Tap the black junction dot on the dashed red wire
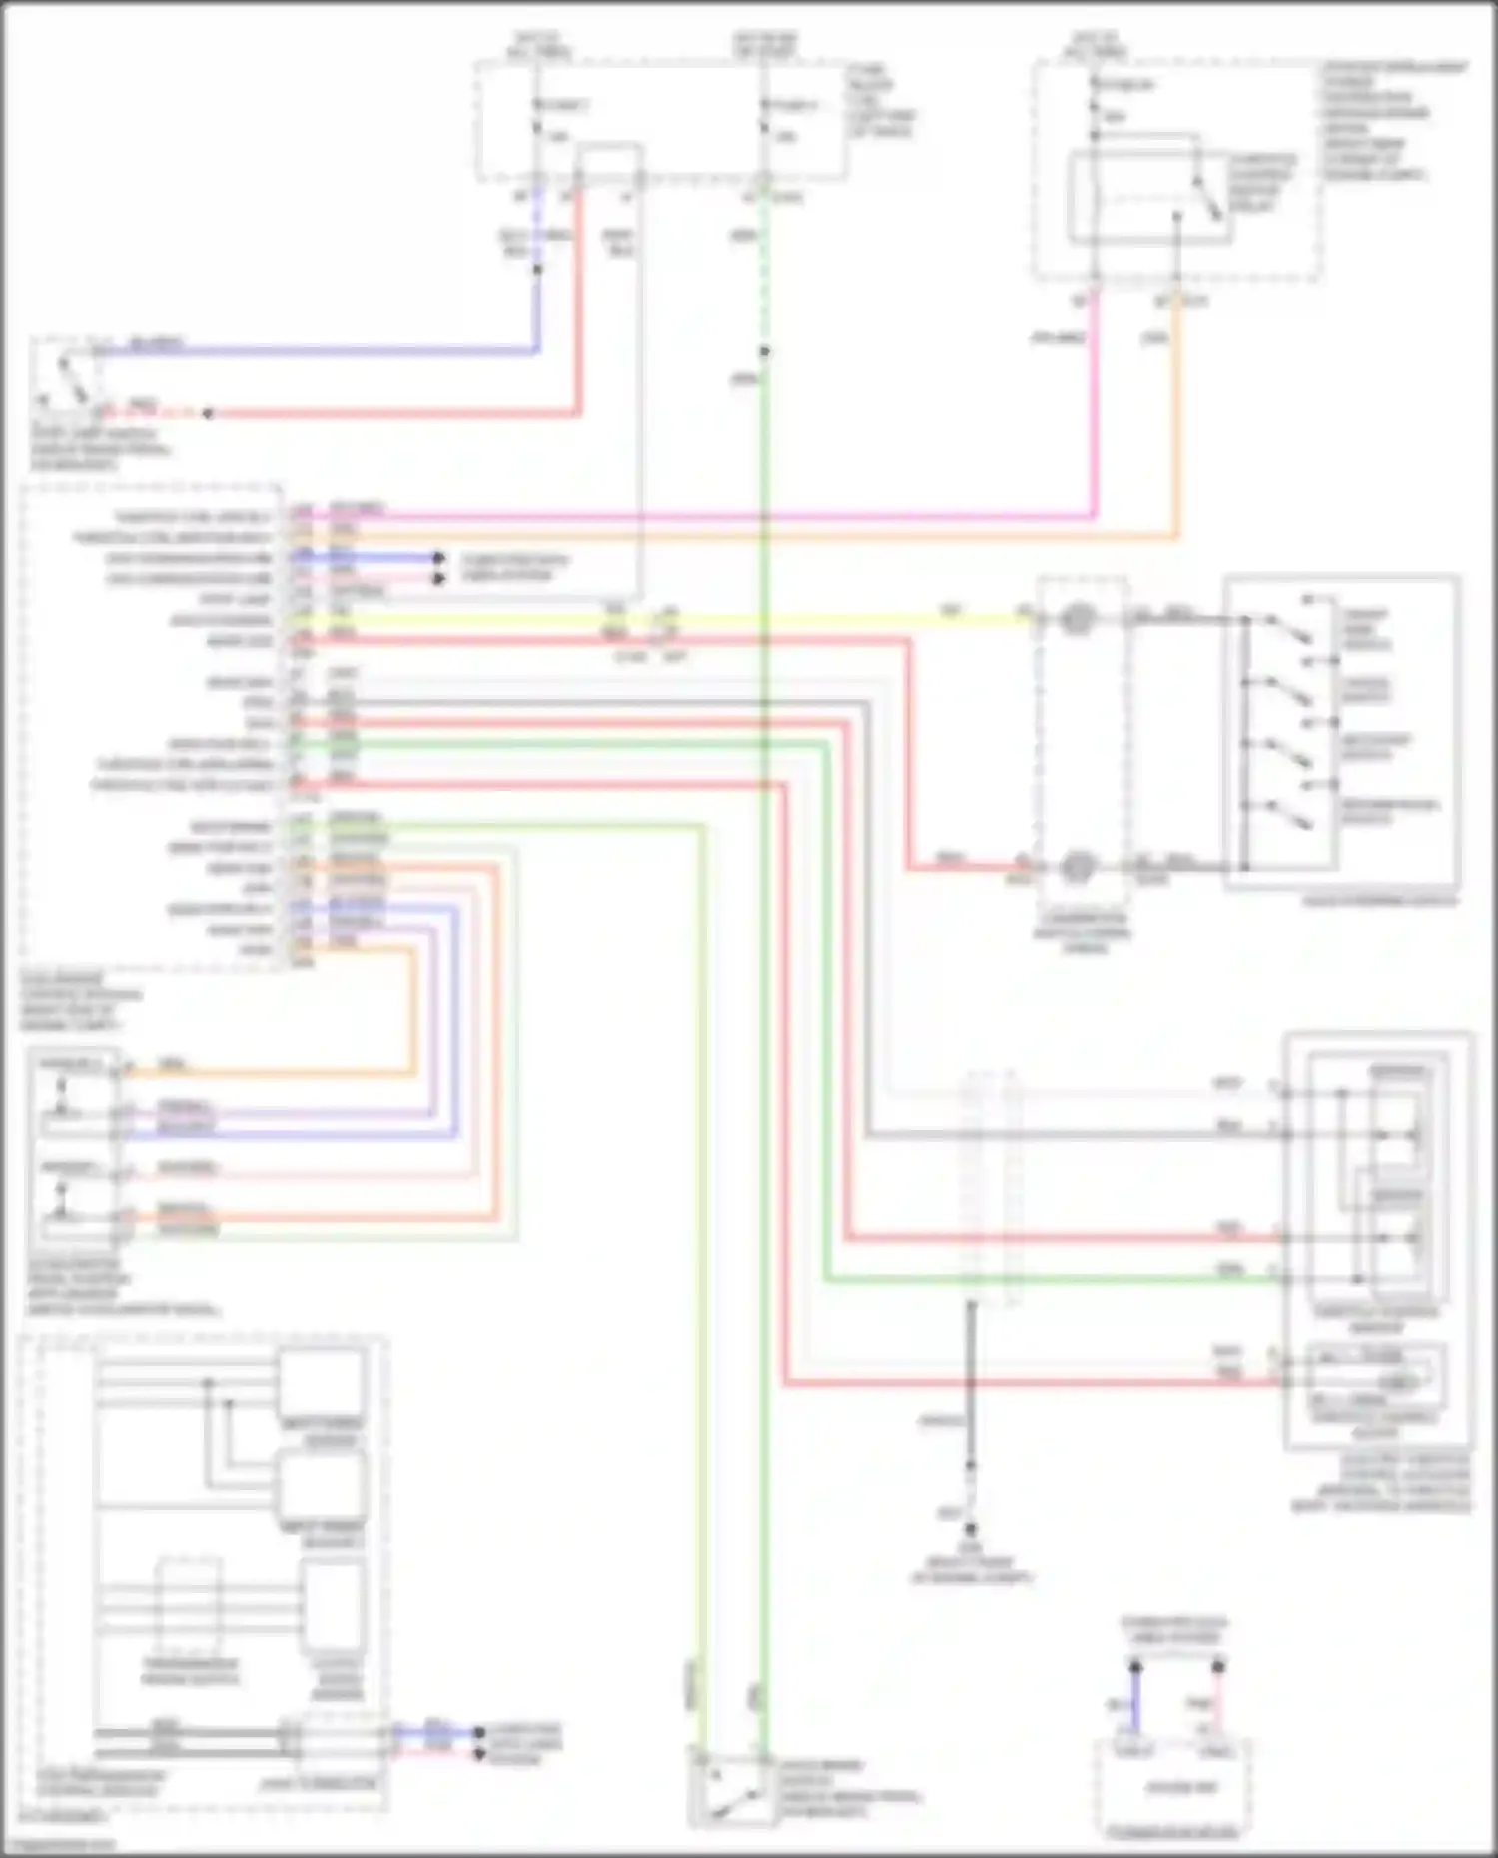tap(208, 413)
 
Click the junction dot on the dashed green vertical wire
tap(764, 351)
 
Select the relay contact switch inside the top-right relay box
tap(1205, 198)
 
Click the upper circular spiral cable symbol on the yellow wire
tap(1076, 619)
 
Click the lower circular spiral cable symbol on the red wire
tap(1076, 866)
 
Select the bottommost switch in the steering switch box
tap(1288, 814)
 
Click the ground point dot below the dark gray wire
tap(971, 1529)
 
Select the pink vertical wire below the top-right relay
tap(1096, 399)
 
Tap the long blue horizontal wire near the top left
tap(320, 350)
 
